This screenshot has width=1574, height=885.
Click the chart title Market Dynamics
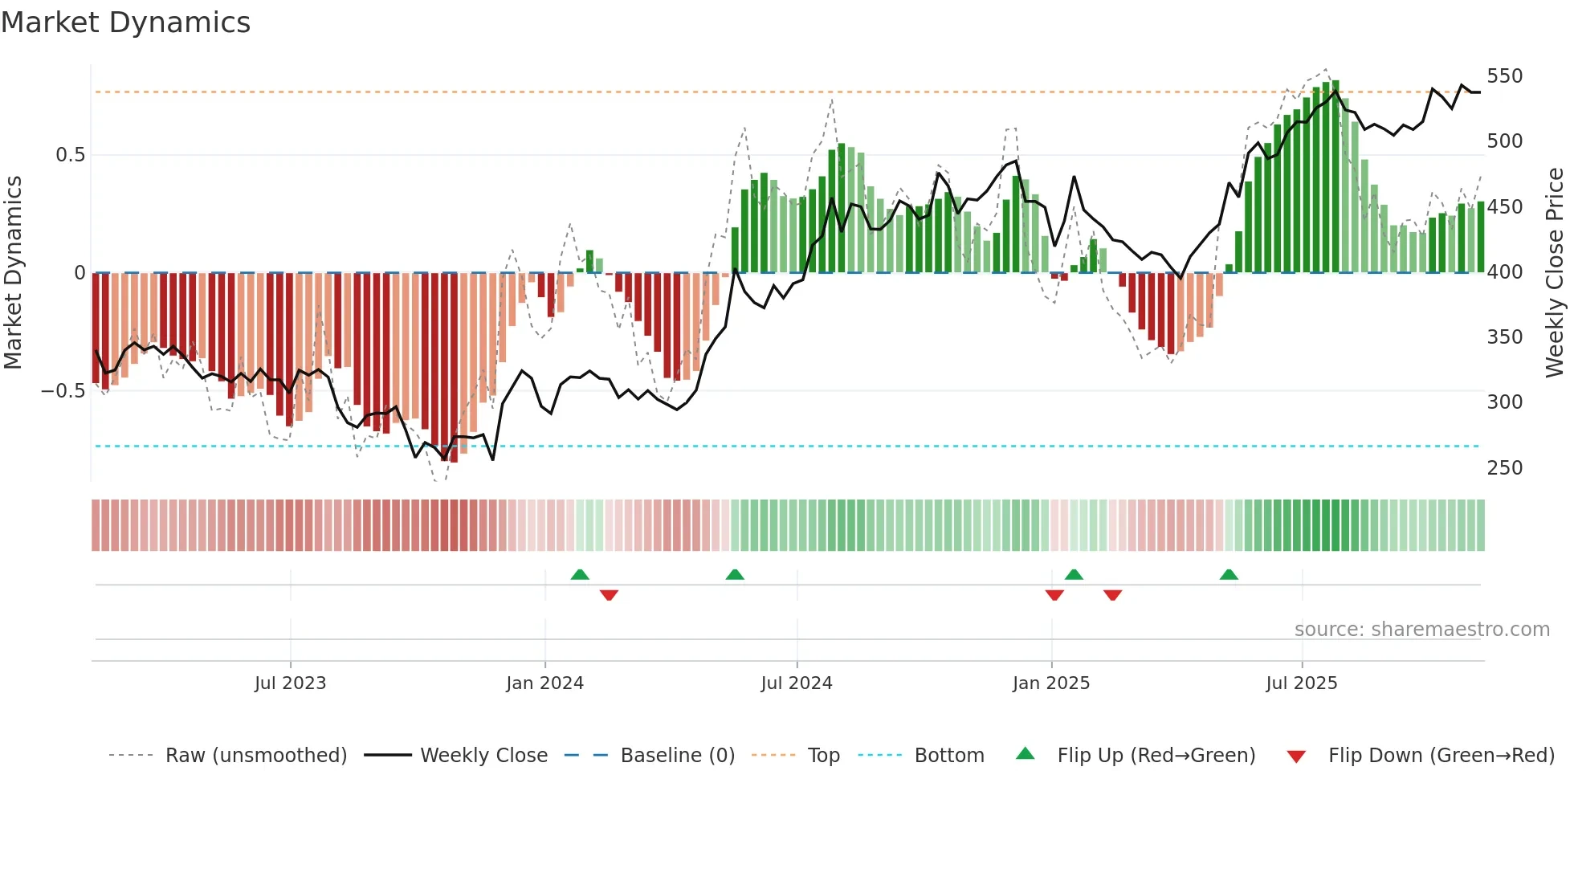click(x=126, y=22)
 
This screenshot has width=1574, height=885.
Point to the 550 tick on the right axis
click(x=1504, y=76)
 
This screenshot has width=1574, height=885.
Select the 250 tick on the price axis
click(x=1504, y=467)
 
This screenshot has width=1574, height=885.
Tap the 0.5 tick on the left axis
click(x=70, y=155)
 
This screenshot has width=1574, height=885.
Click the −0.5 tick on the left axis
click(x=63, y=391)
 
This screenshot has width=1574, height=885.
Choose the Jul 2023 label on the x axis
click(x=290, y=683)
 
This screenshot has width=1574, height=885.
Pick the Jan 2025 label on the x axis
click(x=1050, y=683)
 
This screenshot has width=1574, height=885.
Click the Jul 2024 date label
click(x=796, y=683)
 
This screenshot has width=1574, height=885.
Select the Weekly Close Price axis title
click(x=1555, y=273)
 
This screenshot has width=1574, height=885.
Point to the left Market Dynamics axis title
click(x=13, y=273)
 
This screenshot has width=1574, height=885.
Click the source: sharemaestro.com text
click(x=1421, y=630)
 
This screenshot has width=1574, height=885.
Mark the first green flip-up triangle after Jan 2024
click(x=580, y=574)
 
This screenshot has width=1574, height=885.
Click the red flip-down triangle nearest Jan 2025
click(x=1054, y=595)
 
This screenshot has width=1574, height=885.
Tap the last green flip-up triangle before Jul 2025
click(x=1229, y=574)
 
